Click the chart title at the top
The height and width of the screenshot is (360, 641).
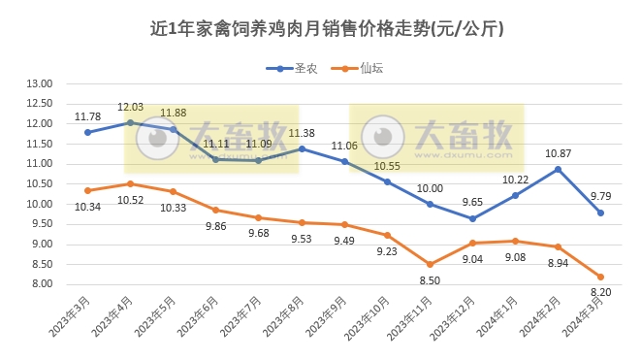tap(320, 28)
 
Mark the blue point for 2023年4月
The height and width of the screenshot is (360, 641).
tap(131, 122)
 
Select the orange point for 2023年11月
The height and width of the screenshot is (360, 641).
tap(430, 264)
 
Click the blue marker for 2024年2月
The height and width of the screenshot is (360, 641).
tap(558, 169)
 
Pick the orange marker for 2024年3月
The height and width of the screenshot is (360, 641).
tap(600, 277)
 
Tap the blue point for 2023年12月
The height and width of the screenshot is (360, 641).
tap(472, 218)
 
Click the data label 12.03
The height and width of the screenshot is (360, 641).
tap(131, 108)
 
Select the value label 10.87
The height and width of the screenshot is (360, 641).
tap(558, 153)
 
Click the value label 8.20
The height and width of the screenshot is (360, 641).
tap(601, 291)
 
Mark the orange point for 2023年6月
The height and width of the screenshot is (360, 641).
tap(216, 210)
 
